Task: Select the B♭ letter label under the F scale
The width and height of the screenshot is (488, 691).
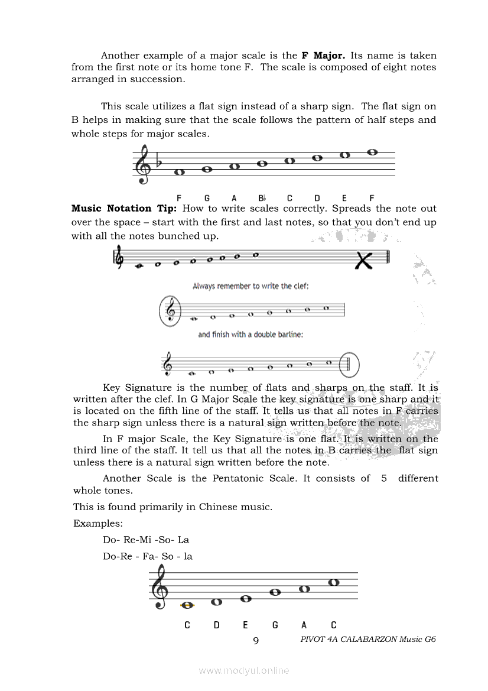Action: (x=262, y=198)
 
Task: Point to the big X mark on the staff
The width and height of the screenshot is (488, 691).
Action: (x=365, y=259)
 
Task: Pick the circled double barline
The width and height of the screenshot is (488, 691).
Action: (x=349, y=365)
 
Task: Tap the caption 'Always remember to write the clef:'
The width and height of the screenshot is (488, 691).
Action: (x=250, y=286)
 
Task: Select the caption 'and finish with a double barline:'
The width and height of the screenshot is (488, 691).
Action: (x=250, y=335)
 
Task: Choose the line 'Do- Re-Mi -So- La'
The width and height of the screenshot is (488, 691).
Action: (x=146, y=540)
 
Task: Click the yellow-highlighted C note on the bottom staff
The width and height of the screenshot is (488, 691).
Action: (x=188, y=605)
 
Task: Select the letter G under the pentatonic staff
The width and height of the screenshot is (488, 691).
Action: (x=275, y=625)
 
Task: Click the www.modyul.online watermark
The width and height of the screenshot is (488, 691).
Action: (x=244, y=670)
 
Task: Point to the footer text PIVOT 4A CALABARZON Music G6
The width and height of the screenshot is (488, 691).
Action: (x=368, y=639)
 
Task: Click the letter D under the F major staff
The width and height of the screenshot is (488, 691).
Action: (x=317, y=198)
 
